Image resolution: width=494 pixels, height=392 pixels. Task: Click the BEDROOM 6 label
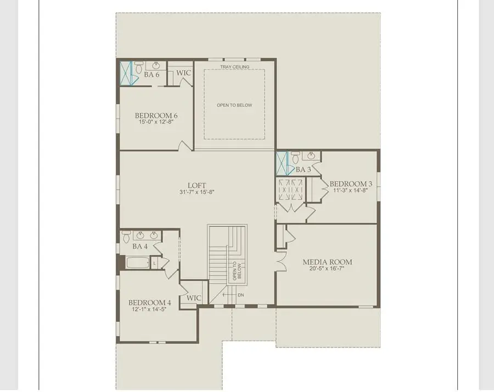[156, 115]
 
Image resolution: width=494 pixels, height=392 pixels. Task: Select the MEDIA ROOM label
[327, 262]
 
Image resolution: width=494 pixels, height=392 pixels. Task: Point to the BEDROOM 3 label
[347, 183]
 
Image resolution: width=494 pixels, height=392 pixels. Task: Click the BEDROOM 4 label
[150, 303]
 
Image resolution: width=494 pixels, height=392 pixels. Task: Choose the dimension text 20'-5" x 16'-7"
[327, 270]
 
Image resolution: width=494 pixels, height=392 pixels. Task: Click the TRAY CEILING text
[235, 67]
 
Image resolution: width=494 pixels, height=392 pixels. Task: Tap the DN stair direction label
[240, 295]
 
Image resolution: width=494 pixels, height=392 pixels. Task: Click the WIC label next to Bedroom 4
[194, 298]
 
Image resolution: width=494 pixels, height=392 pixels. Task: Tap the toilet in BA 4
[127, 238]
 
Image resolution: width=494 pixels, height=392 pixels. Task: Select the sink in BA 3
[311, 156]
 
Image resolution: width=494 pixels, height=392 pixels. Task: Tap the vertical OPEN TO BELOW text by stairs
[237, 271]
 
